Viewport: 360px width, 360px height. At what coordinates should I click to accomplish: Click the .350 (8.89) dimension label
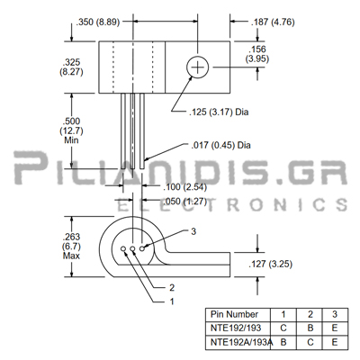pyautogui.click(x=98, y=22)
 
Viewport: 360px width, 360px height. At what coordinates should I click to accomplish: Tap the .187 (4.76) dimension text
pyautogui.click(x=273, y=22)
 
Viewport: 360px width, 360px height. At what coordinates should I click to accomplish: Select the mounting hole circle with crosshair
pyautogui.click(x=197, y=67)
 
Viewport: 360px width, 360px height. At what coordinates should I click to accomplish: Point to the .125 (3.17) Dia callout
pyautogui.click(x=219, y=112)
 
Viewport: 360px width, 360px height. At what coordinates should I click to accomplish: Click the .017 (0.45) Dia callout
pyautogui.click(x=220, y=145)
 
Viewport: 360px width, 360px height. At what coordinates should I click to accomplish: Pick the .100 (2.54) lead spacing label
pyautogui.click(x=185, y=187)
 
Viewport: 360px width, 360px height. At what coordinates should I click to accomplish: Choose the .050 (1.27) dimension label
pyautogui.click(x=185, y=201)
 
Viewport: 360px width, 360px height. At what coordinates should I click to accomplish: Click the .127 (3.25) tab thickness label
pyautogui.click(x=271, y=264)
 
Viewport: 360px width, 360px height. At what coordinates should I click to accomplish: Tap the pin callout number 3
pyautogui.click(x=193, y=231)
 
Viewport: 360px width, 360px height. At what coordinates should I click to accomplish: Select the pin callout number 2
pyautogui.click(x=172, y=288)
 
